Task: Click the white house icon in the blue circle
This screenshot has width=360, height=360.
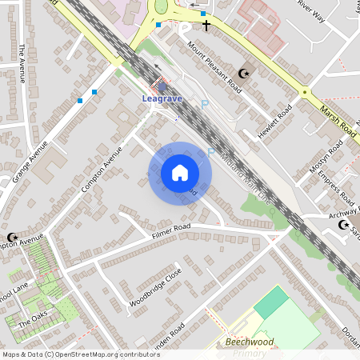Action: point(180,173)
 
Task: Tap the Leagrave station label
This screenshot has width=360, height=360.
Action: point(163,98)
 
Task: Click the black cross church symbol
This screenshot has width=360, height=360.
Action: point(206,26)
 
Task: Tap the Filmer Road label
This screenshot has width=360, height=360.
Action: point(172,233)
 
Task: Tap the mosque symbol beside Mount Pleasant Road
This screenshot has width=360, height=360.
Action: point(244,74)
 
